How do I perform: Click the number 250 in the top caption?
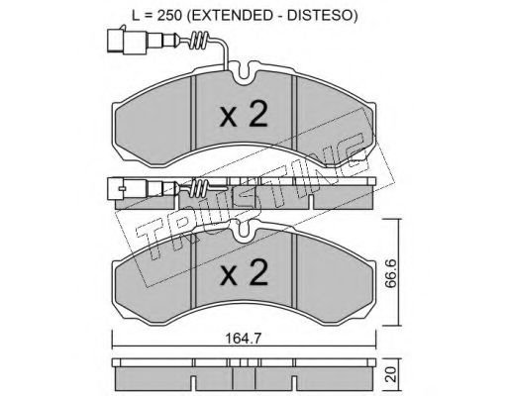click(169, 15)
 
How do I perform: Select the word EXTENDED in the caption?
click(230, 15)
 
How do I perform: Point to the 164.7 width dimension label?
click(244, 338)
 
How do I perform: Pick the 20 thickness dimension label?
click(391, 375)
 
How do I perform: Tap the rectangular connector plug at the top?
click(127, 41)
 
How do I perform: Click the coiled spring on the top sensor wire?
click(200, 41)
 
